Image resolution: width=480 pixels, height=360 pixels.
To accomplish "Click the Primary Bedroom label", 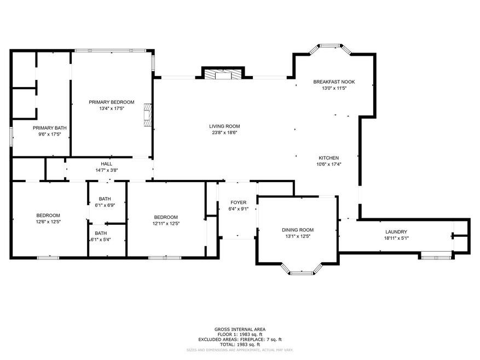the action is pyautogui.click(x=112, y=102).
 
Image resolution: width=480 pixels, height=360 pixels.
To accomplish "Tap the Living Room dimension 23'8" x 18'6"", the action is pyautogui.click(x=224, y=132).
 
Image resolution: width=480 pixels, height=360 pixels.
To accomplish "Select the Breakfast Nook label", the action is pyautogui.click(x=334, y=82).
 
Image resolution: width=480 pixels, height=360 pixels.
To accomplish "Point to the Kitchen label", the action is pyautogui.click(x=329, y=158).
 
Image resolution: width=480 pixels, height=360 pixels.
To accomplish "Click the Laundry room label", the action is pyautogui.click(x=396, y=232).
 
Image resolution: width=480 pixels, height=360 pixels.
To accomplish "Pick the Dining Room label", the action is pyautogui.click(x=298, y=230).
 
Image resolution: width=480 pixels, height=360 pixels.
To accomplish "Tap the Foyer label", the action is pyautogui.click(x=238, y=202).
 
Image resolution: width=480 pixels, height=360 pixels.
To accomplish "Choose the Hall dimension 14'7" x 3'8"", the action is pyautogui.click(x=107, y=170).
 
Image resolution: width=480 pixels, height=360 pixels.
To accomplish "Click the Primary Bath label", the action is pyautogui.click(x=50, y=128).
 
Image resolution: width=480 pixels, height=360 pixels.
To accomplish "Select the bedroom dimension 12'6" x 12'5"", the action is pyautogui.click(x=48, y=222).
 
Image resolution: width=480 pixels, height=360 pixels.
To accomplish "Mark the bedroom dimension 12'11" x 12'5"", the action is pyautogui.click(x=166, y=223).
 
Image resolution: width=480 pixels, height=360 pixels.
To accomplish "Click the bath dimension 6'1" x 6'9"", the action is pyautogui.click(x=105, y=205).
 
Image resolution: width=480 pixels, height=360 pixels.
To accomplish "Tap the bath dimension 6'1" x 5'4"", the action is pyautogui.click(x=101, y=240).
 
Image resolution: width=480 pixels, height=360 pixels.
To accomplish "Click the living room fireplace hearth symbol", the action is pyautogui.click(x=223, y=75).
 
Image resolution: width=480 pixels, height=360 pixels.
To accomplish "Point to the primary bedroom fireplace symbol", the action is pyautogui.click(x=148, y=115).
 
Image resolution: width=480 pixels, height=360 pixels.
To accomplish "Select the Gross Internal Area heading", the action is pyautogui.click(x=240, y=329).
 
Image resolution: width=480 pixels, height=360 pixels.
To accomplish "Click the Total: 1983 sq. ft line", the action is pyautogui.click(x=240, y=344).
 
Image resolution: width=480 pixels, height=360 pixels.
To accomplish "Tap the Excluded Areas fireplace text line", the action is pyautogui.click(x=240, y=340).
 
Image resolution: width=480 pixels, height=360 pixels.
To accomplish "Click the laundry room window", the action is pyautogui.click(x=436, y=258).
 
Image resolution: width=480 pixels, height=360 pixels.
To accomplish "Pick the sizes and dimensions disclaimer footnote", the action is pyautogui.click(x=240, y=350).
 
